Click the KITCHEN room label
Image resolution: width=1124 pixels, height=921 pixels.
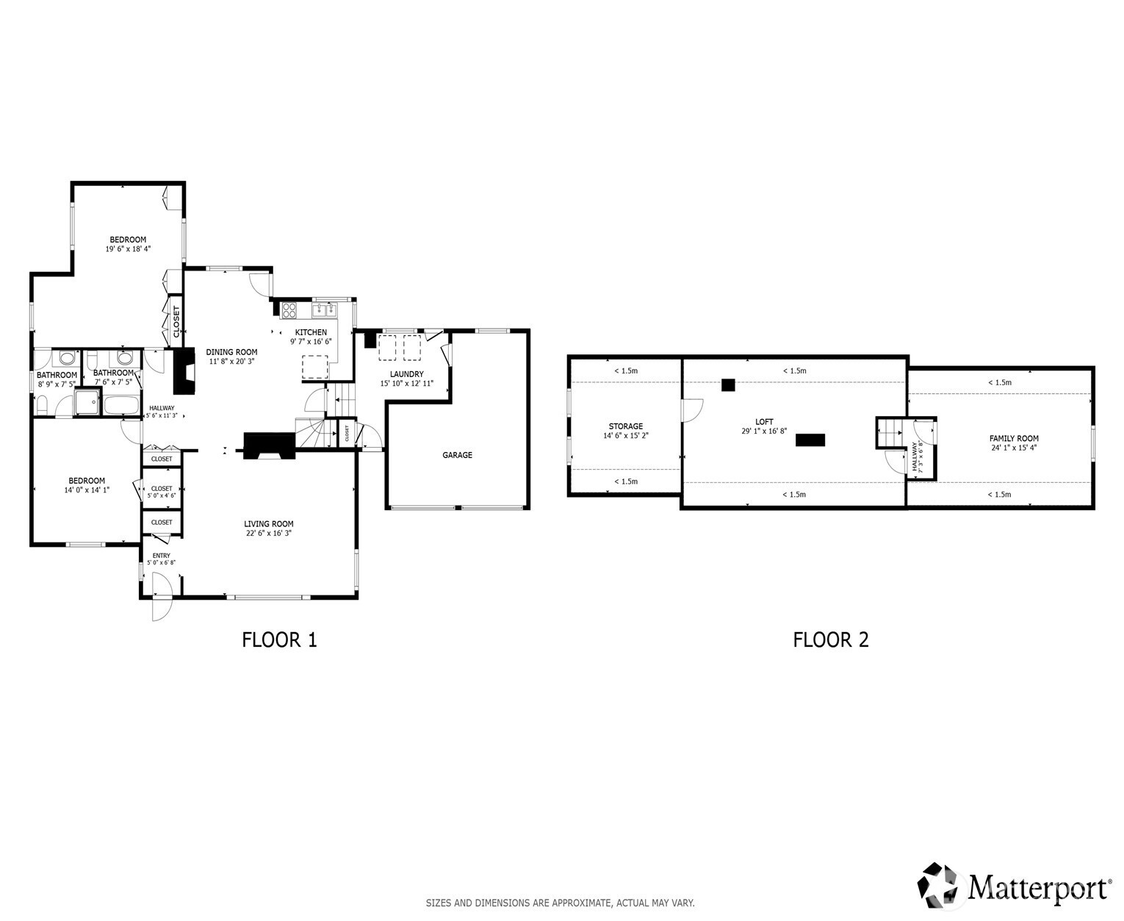coord(311,332)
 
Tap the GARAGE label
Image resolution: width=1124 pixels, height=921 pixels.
coord(457,455)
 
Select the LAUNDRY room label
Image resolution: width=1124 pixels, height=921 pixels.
coord(407,374)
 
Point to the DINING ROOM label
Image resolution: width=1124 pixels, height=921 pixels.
coord(231,352)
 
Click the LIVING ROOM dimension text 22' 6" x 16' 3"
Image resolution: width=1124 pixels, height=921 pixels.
coord(269,533)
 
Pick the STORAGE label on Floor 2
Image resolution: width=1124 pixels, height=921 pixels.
coord(626,426)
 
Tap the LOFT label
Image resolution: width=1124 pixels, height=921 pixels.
coord(764,421)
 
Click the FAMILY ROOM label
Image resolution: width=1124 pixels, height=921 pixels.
coord(1014,438)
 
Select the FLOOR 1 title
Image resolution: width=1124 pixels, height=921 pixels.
coord(279,639)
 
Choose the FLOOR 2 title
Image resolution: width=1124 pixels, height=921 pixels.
coord(830,639)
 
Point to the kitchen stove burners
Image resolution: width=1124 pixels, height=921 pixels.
coord(289,310)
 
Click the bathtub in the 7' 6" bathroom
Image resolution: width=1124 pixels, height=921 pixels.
coord(122,405)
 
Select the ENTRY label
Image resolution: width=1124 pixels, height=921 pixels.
coord(162,556)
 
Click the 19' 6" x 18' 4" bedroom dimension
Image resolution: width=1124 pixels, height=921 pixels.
coord(128,248)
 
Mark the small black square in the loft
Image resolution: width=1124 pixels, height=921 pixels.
coord(728,385)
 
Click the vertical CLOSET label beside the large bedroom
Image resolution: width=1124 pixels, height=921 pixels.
coord(176,321)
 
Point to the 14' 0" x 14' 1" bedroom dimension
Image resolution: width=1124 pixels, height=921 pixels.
coord(87,490)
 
